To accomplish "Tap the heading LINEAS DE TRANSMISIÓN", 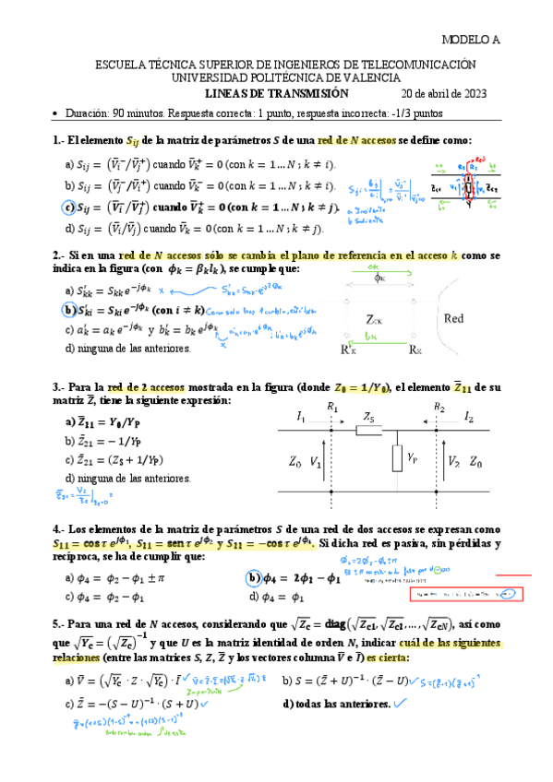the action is coord(276,93).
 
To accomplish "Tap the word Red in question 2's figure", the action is coord(453,319).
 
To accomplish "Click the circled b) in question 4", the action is coord(253,579).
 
